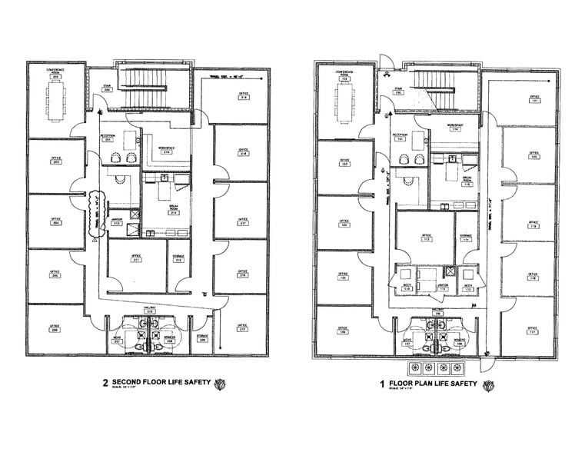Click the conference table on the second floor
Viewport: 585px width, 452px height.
coord(56,98)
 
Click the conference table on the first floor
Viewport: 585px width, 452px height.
coord(343,98)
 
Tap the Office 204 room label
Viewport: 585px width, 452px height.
coord(55,221)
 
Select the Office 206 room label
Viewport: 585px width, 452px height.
coord(55,328)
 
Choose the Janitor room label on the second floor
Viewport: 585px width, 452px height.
coord(117,223)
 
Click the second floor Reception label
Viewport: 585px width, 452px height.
coord(108,138)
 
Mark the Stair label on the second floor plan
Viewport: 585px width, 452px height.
coord(108,90)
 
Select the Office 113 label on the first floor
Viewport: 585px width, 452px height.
coord(425,238)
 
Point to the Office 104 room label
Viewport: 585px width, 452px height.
coord(344,224)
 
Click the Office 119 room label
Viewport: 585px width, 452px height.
coord(532,224)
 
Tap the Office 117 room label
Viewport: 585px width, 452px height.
coord(532,331)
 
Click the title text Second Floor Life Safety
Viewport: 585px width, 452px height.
coord(161,382)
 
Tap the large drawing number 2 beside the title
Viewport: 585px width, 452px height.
coord(105,383)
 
